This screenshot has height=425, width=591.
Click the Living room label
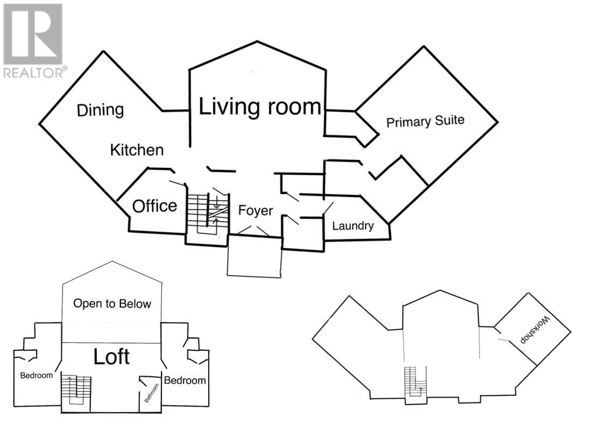coord(261,107)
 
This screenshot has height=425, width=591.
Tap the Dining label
coord(100,110)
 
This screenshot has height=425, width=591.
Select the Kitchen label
coord(137,150)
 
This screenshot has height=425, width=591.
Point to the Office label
coord(154,206)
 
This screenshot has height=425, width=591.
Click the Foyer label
coord(256,210)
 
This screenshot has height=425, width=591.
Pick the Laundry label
coord(353,225)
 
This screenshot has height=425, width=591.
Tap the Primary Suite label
coord(425,121)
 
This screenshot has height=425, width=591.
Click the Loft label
coord(111,356)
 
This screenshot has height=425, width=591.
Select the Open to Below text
coord(112,303)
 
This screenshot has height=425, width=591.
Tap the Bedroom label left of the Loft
coord(37,375)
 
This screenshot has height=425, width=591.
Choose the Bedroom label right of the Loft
coord(185,380)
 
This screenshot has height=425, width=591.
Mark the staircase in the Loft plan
coord(75,389)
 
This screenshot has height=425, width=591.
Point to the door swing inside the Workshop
coord(504,340)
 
